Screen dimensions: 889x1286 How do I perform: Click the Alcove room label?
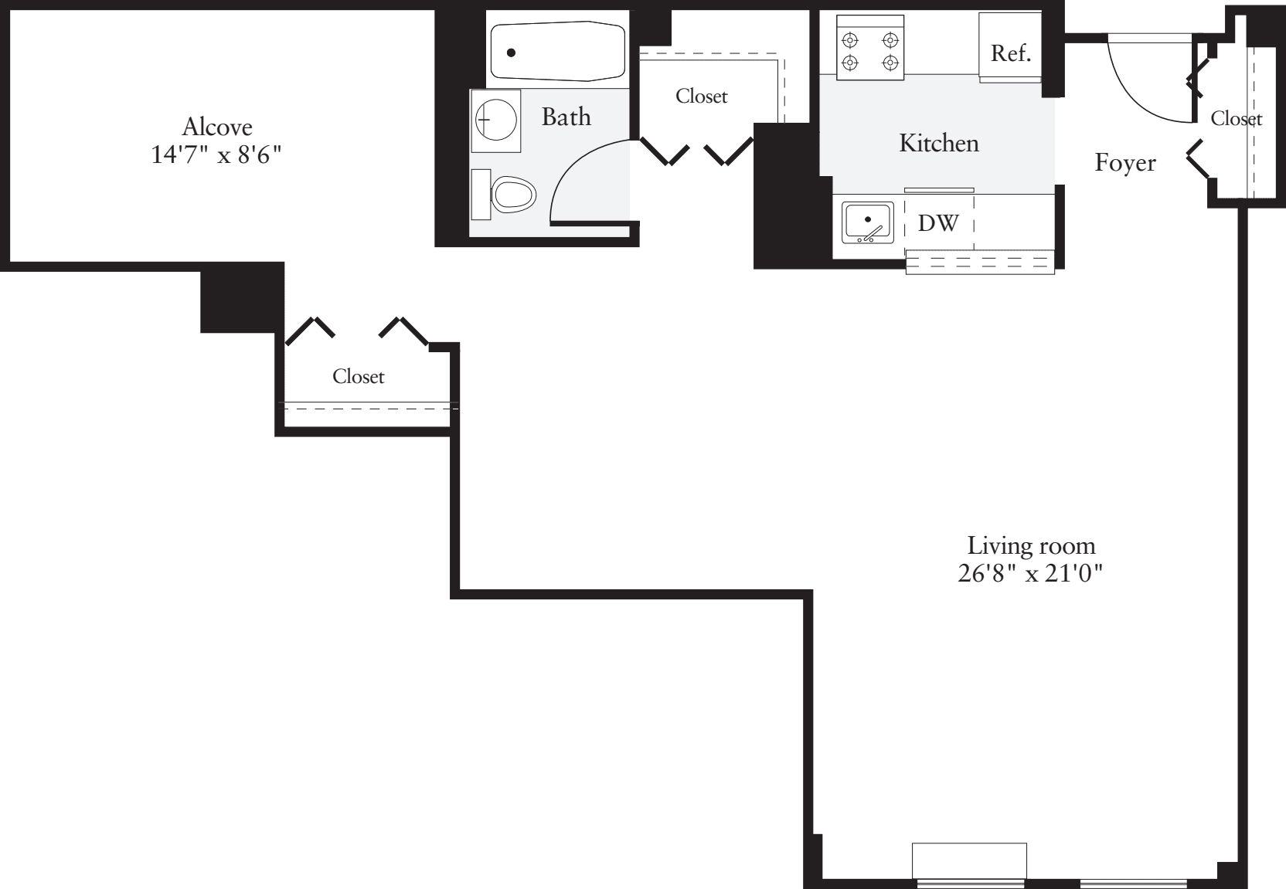pos(217,127)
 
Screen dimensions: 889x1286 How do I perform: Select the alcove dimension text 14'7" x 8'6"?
pos(216,155)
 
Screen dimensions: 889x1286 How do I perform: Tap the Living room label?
pos(1031,546)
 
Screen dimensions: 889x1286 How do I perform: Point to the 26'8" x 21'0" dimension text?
pos(1029,575)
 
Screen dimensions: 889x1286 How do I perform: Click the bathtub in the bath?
pos(557,53)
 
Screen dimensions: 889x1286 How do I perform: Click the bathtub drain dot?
pos(511,53)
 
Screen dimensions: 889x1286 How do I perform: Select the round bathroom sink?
pos(495,120)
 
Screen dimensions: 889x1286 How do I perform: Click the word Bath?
pos(566,117)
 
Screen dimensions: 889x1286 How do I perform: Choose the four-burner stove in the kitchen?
pos(870,51)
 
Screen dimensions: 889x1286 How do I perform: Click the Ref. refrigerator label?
pos(1010,53)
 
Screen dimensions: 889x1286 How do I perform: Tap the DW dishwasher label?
pos(938,223)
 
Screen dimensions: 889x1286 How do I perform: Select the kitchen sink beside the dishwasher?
pos(868,222)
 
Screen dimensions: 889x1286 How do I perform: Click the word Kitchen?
pos(938,144)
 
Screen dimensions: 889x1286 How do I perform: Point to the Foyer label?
pos(1124,163)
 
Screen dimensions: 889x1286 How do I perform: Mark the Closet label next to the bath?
pos(701,97)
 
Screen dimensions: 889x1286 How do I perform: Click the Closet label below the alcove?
pos(358,377)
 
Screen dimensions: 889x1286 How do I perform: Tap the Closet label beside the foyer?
pos(1236,118)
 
